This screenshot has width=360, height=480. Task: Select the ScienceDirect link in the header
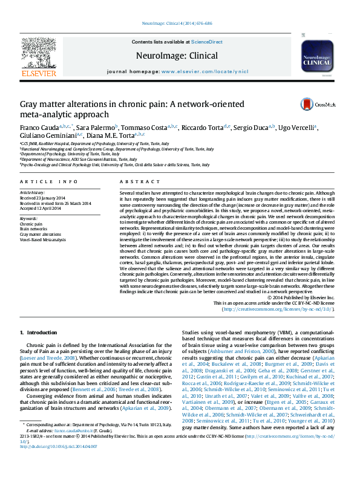pos(207,42)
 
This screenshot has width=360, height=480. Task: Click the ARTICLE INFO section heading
pos(48,181)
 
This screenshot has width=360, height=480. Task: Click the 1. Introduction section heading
pos(39,332)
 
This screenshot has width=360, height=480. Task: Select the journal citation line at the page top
pos(177,24)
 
